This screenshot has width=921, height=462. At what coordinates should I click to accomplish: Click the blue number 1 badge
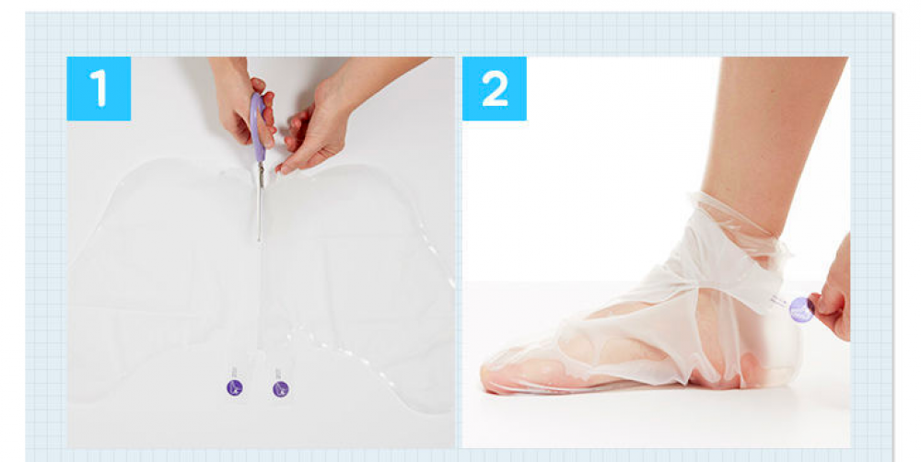click(99, 88)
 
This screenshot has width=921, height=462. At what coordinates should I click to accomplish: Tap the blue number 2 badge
click(495, 88)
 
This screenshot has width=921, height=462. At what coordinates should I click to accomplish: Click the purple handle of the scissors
click(257, 126)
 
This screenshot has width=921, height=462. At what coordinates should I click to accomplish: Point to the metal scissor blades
click(259, 202)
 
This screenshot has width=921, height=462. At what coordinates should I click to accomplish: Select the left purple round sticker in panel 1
click(234, 388)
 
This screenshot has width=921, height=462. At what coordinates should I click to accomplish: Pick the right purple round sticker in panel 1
click(281, 388)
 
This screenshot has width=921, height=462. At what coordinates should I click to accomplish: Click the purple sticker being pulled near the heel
click(801, 310)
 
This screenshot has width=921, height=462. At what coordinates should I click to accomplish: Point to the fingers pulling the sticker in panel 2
click(831, 306)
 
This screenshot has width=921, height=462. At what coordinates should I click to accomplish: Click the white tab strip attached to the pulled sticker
click(779, 303)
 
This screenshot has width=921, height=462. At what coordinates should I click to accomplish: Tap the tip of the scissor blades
click(259, 241)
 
